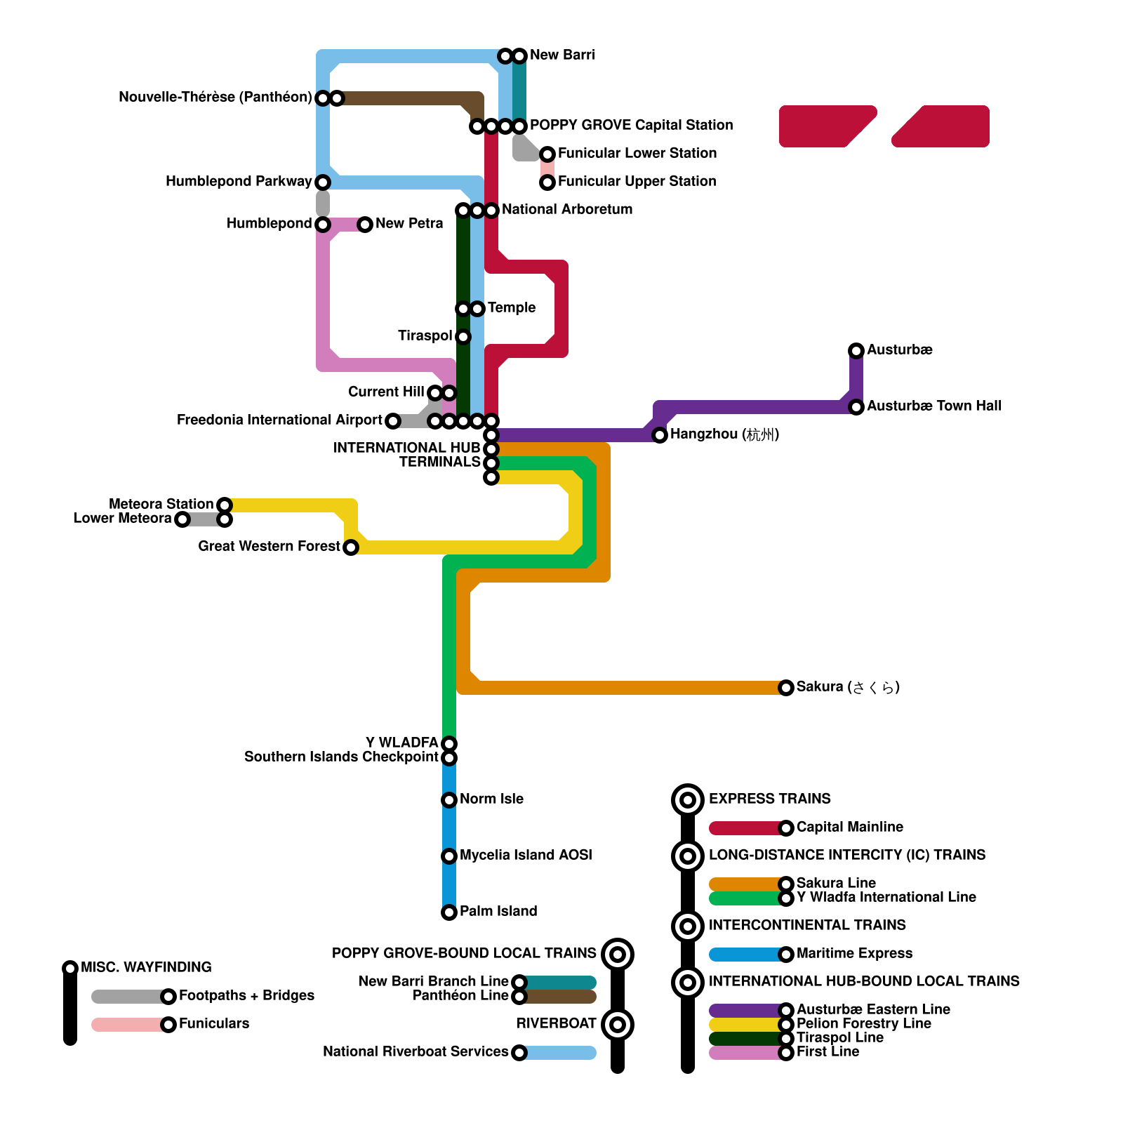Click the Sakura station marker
pyautogui.click(x=786, y=687)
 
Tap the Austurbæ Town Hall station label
pyautogui.click(x=933, y=406)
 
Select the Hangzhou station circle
pyautogui.click(x=659, y=435)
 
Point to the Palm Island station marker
pyautogui.click(x=449, y=912)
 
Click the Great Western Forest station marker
pyautogui.click(x=351, y=547)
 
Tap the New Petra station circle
pyautogui.click(x=365, y=224)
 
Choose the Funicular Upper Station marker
pyautogui.click(x=547, y=182)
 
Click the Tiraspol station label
pyautogui.click(x=424, y=335)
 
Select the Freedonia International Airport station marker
pyautogui.click(x=393, y=420)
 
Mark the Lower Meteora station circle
pyautogui.click(x=182, y=519)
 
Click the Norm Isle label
pyautogui.click(x=491, y=799)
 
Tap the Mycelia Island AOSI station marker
pyautogui.click(x=449, y=856)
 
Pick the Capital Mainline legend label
pyautogui.click(x=849, y=827)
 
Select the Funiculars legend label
pyautogui.click(x=213, y=1023)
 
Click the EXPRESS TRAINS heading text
pyautogui.click(x=769, y=799)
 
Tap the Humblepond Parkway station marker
pyautogui.click(x=323, y=182)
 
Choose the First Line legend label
pyautogui.click(x=828, y=1051)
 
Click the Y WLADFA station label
pyautogui.click(x=401, y=743)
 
